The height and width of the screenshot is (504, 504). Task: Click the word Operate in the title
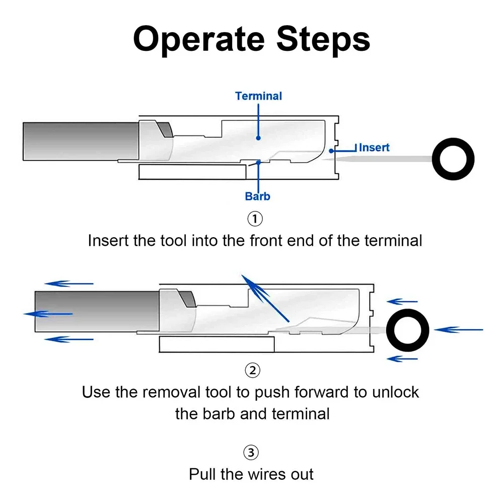click(199, 40)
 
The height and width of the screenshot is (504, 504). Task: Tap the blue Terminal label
click(258, 96)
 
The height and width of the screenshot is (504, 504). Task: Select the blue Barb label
click(257, 196)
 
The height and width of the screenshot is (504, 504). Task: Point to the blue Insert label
click(374, 148)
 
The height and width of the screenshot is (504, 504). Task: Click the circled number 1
click(255, 219)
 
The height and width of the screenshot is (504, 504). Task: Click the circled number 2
click(253, 370)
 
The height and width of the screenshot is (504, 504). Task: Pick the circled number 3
click(251, 453)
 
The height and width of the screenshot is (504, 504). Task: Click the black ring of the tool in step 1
click(437, 159)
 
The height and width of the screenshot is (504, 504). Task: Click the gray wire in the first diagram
click(81, 141)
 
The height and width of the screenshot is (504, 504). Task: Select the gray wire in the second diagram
click(97, 312)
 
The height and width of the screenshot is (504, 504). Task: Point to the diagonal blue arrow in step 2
click(265, 298)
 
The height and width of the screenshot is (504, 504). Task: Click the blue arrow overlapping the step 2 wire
click(48, 314)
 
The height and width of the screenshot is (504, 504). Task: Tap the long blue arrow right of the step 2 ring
click(458, 329)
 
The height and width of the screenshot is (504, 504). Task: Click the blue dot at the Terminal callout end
click(258, 138)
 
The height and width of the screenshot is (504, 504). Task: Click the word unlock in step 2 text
click(395, 392)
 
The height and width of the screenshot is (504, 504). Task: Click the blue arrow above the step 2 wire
click(69, 283)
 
